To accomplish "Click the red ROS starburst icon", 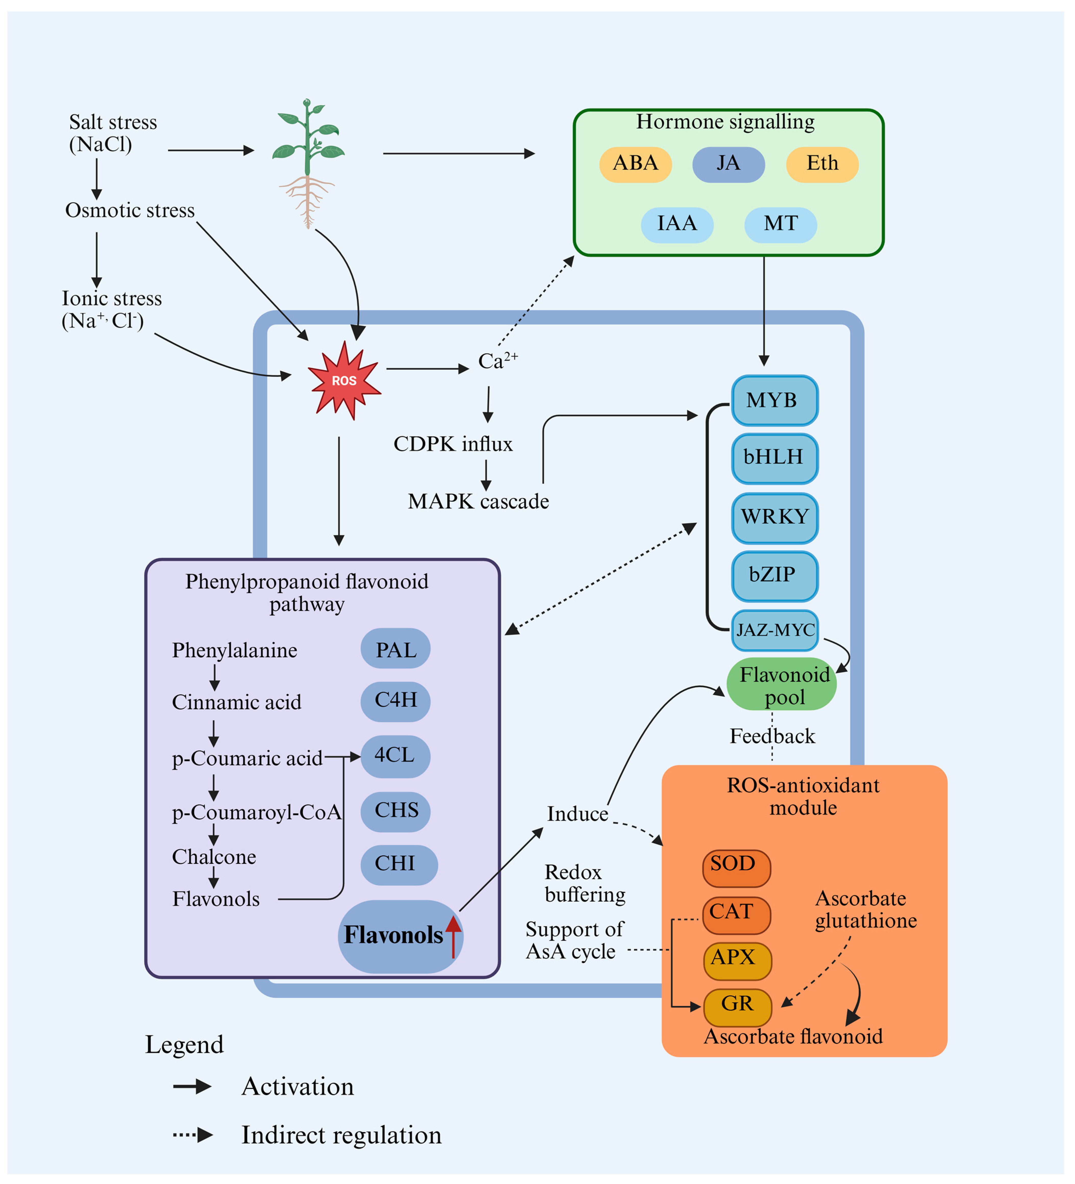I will click(x=344, y=380).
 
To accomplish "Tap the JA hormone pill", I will click(x=728, y=164).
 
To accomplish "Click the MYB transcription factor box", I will click(x=774, y=401).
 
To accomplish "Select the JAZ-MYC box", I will click(x=774, y=630).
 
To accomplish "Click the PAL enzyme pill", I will click(x=395, y=649).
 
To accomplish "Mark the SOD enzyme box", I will click(x=736, y=868).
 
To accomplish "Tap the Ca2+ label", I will click(x=497, y=361).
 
